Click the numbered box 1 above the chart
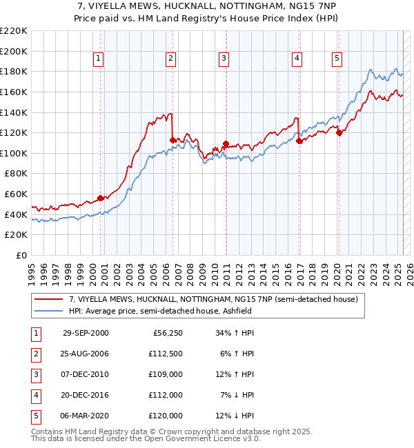99,59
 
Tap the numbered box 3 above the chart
224,59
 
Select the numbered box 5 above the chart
337,59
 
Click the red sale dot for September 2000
101,198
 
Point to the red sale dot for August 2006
172,140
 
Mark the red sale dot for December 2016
299,141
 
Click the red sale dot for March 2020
339,133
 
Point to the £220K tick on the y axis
14,31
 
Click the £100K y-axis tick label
14,153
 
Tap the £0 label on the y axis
21,255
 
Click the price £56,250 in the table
168,333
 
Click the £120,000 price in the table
166,416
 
